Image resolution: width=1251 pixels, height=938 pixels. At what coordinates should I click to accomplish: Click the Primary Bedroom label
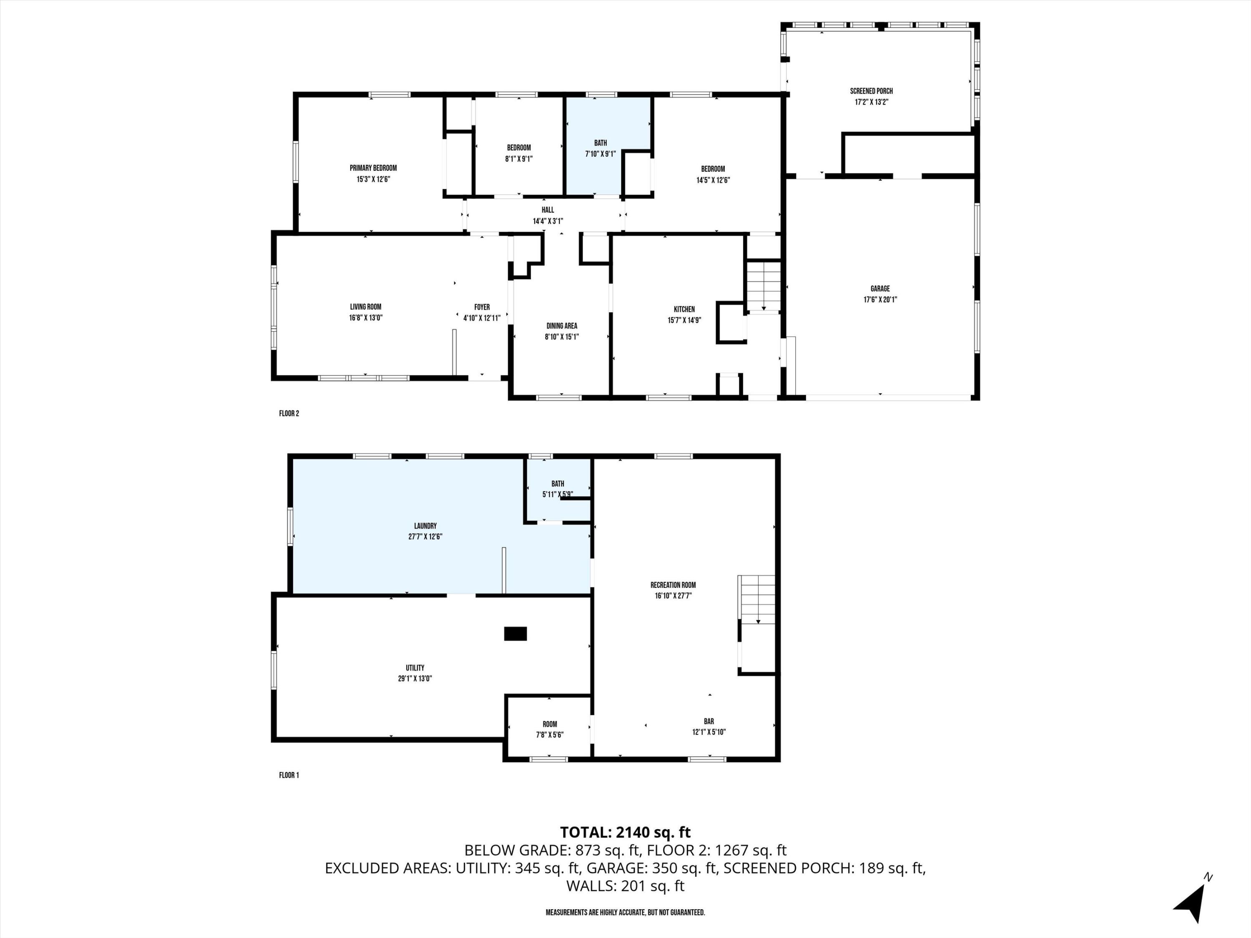pyautogui.click(x=373, y=168)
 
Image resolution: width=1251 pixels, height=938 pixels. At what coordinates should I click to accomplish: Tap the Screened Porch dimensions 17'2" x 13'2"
pyautogui.click(x=871, y=102)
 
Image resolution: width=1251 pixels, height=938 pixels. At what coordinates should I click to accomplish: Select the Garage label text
pyautogui.click(x=880, y=289)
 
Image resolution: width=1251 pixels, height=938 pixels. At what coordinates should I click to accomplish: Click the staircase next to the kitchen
pyautogui.click(x=764, y=286)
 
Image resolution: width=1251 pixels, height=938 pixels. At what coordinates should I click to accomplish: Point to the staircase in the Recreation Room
pyautogui.click(x=757, y=599)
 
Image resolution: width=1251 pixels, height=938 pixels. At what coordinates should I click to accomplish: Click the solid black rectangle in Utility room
pyautogui.click(x=515, y=634)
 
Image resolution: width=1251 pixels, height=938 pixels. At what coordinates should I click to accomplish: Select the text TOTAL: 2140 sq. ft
pyautogui.click(x=625, y=832)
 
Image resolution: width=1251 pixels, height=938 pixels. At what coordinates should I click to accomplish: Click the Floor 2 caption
pyautogui.click(x=289, y=413)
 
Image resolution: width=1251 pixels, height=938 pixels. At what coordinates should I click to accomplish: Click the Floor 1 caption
pyautogui.click(x=289, y=775)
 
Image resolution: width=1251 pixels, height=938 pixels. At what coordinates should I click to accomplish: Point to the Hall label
pyautogui.click(x=548, y=210)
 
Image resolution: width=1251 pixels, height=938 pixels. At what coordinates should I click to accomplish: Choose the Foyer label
pyautogui.click(x=482, y=307)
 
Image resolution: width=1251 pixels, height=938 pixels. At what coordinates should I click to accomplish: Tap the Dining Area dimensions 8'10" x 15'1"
pyautogui.click(x=562, y=337)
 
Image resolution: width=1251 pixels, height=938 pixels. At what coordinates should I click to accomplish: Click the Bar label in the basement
pyautogui.click(x=708, y=722)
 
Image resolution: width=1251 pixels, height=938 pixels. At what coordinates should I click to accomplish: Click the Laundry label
pyautogui.click(x=425, y=526)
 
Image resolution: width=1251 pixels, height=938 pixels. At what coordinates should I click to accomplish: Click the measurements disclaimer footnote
pyautogui.click(x=625, y=913)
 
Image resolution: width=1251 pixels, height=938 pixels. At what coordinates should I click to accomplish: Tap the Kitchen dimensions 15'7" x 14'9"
pyautogui.click(x=684, y=320)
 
